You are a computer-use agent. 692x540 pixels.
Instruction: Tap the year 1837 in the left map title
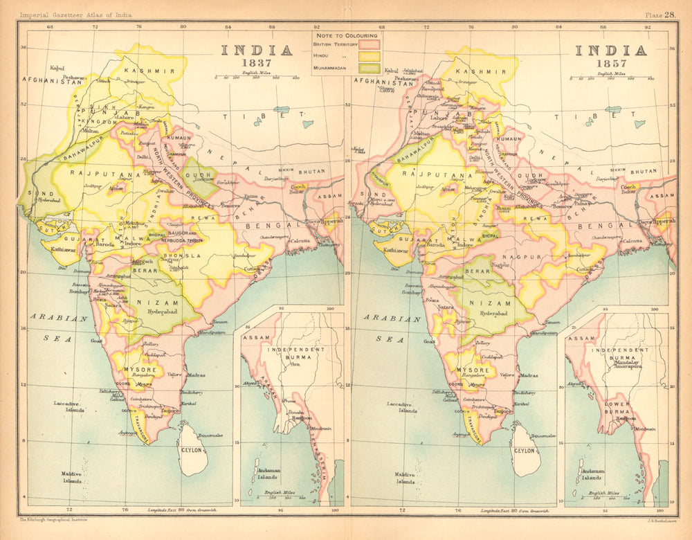(256, 64)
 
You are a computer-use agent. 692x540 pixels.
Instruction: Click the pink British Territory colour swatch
(369, 44)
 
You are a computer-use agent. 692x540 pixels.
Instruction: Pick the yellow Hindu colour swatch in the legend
(369, 56)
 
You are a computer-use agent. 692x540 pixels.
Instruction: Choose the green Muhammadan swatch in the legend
(369, 68)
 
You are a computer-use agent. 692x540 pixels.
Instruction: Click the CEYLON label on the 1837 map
(192, 450)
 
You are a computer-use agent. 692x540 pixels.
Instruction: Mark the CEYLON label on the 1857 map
(525, 450)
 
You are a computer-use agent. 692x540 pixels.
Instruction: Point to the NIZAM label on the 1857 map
(493, 293)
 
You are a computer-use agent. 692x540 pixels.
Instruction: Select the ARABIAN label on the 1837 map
(59, 319)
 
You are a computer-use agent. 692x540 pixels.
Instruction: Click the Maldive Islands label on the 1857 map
(406, 478)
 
